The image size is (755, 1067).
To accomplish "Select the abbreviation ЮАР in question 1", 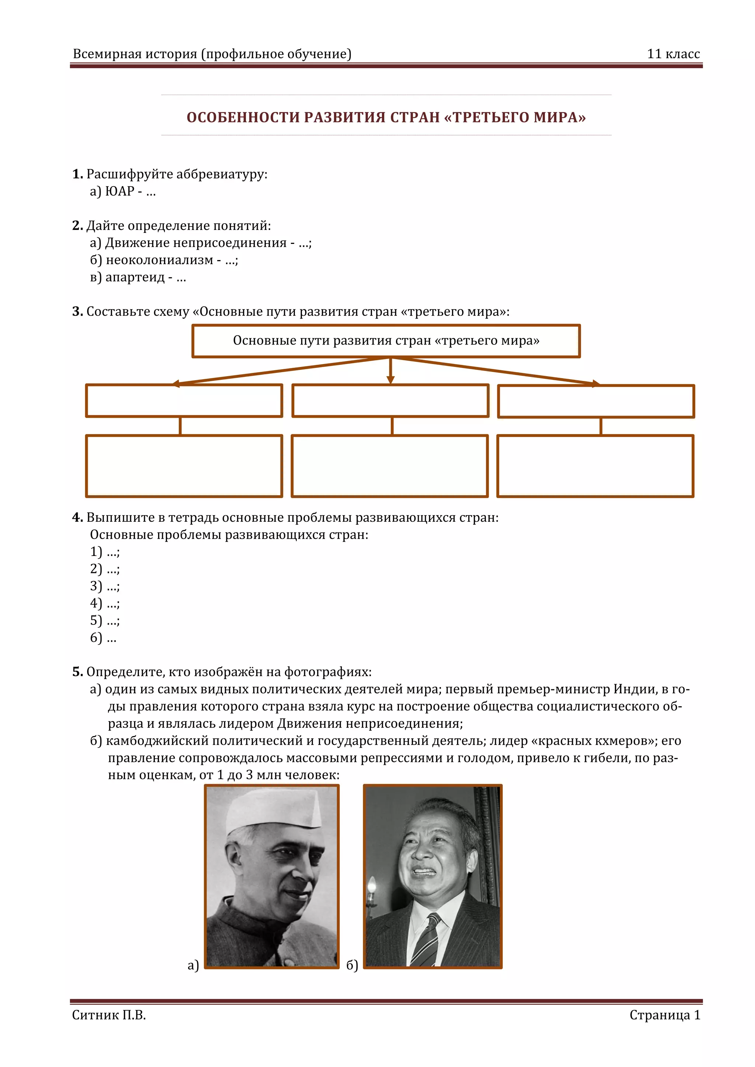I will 119,191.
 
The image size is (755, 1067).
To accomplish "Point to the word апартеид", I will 135,277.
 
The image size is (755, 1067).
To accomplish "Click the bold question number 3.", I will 77,311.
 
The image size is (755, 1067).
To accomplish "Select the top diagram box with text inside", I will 386,341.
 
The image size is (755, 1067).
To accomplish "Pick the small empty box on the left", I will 184,400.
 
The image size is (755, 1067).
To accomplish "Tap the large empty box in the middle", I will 390,466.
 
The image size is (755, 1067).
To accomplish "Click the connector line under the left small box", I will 180,426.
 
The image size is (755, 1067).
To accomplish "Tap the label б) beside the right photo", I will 352,966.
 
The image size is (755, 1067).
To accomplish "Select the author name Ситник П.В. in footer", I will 109,1015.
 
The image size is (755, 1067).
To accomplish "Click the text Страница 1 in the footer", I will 664,1015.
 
